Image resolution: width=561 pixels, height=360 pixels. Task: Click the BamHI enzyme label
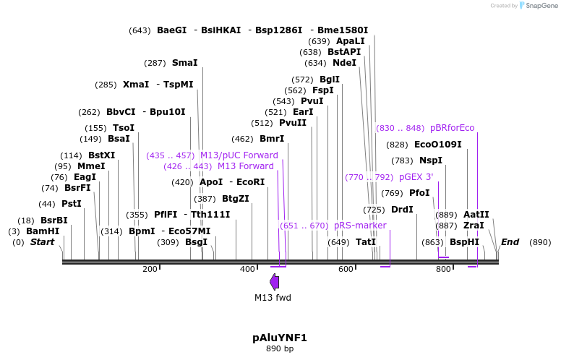(x=43, y=231)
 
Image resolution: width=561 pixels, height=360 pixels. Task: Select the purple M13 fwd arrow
(x=274, y=282)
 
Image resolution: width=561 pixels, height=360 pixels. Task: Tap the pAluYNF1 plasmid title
(x=280, y=338)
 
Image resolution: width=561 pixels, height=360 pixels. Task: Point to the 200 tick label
(x=150, y=269)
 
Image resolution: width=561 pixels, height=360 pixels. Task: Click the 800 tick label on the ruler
(x=443, y=269)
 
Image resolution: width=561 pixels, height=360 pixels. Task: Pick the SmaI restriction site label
(x=184, y=63)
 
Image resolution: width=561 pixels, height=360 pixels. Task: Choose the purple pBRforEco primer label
(x=452, y=128)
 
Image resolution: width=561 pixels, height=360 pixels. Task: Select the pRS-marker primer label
(x=360, y=226)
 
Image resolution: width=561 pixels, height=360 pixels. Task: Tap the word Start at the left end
(x=42, y=242)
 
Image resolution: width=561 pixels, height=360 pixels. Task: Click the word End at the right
(x=510, y=242)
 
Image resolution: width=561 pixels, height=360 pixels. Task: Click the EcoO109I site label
(x=438, y=145)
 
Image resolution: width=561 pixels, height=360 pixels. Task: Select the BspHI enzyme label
(x=464, y=242)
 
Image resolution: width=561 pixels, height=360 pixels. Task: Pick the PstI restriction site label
(x=72, y=204)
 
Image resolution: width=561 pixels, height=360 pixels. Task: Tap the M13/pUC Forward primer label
(x=239, y=155)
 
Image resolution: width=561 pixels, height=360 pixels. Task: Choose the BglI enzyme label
(x=330, y=80)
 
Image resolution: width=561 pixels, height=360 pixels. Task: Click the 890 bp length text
(x=280, y=349)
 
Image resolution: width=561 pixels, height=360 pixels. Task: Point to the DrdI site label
(x=402, y=210)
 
